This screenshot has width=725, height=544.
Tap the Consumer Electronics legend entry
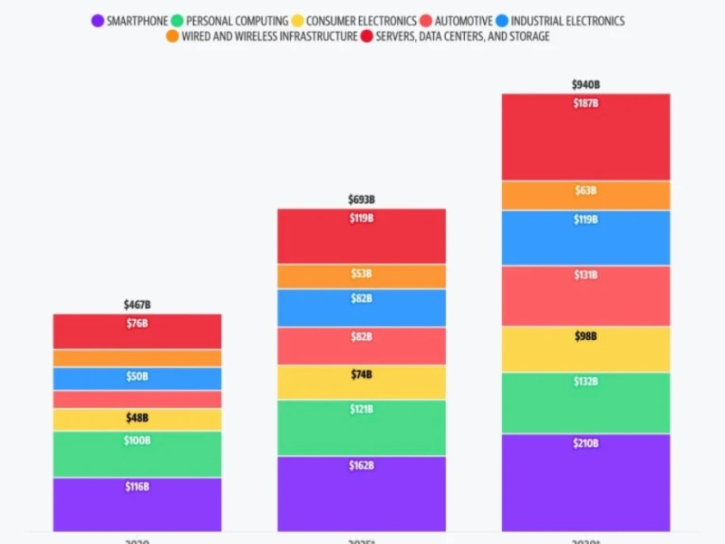coord(354,21)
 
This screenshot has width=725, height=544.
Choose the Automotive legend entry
coord(458,21)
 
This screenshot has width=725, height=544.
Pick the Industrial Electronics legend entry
coord(565,21)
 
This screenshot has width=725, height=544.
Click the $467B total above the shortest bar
coord(137,305)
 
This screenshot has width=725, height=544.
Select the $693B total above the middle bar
coord(362,199)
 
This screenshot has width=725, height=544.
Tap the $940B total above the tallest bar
coord(585,84)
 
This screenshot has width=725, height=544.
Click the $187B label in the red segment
coord(585,103)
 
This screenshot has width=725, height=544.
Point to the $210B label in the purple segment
coord(585,443)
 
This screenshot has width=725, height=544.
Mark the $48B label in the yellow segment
coord(137,419)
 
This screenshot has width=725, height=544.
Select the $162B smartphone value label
coord(362,466)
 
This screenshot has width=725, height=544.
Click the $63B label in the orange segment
coord(585,190)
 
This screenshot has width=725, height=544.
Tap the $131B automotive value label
coord(585,276)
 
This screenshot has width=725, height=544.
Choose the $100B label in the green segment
coord(137,441)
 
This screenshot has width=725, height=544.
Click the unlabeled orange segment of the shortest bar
coord(137,358)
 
